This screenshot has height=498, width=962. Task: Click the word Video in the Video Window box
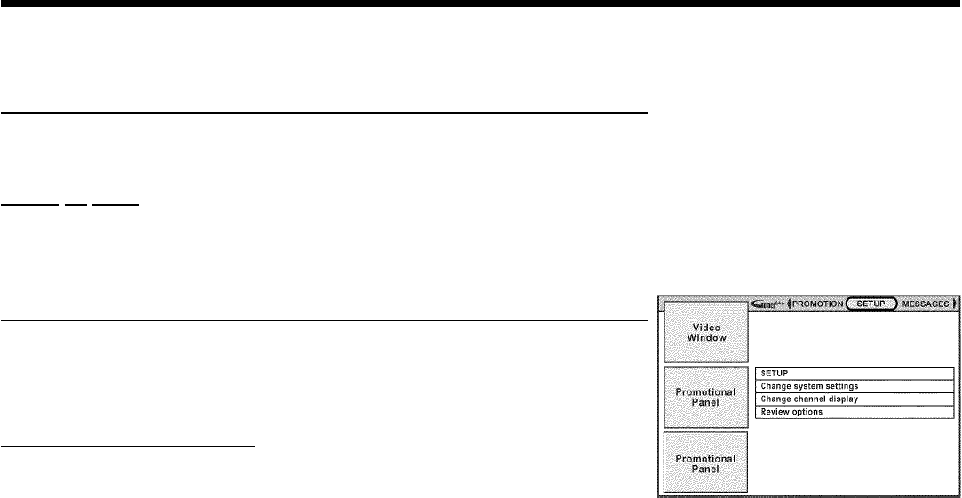click(x=704, y=328)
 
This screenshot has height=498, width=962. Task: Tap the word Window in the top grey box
click(x=704, y=339)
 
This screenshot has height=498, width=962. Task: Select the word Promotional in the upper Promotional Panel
click(x=704, y=391)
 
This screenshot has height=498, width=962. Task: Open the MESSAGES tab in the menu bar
click(x=925, y=304)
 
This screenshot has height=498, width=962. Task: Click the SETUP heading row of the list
click(x=854, y=373)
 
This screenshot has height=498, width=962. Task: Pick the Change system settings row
click(x=854, y=386)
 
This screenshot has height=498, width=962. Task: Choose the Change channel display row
click(x=854, y=399)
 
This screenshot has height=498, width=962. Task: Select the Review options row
click(x=854, y=412)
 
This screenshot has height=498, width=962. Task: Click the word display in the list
click(x=848, y=399)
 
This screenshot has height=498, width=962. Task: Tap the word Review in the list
click(x=774, y=412)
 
